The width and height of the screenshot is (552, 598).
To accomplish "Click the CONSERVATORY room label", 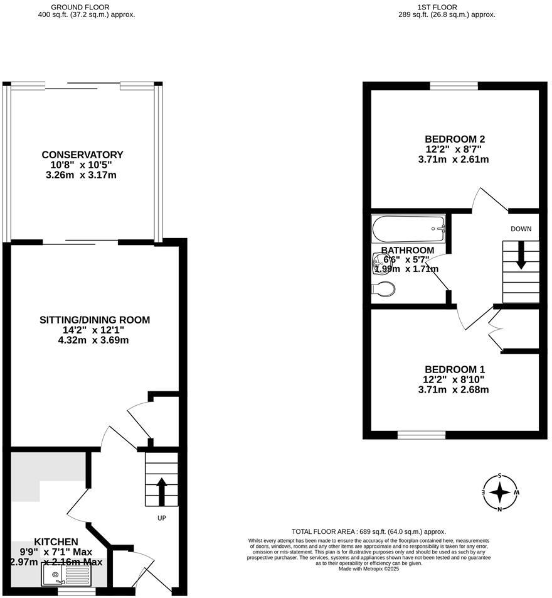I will [82, 155].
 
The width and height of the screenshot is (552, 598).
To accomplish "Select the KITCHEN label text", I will [56, 541].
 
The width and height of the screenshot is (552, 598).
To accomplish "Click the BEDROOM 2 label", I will [455, 139].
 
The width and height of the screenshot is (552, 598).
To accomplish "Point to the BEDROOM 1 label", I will [455, 369].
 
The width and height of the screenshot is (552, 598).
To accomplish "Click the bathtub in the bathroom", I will [408, 229].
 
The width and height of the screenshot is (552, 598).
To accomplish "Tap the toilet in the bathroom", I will [384, 289].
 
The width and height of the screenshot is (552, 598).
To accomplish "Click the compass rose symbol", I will [500, 492].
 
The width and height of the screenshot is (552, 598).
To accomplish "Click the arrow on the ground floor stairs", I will [161, 491].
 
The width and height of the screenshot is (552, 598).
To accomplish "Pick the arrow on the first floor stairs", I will [521, 257].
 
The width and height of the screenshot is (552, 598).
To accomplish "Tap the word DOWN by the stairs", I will [521, 229].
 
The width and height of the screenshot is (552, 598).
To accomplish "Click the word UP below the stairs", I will [162, 519].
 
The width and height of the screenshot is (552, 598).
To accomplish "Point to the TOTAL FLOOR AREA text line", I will [369, 531].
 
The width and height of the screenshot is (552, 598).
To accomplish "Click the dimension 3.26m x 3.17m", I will [82, 175].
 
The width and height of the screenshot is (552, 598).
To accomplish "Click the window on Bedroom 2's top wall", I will [454, 86].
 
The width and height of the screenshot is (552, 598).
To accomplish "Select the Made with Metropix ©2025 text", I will [368, 569].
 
